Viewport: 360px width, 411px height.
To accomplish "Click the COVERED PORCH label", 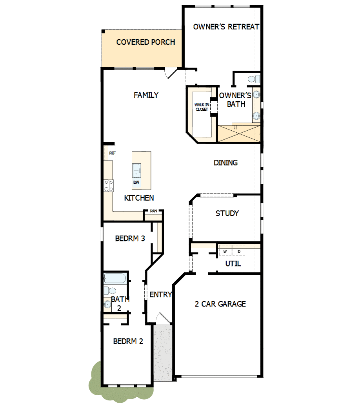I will click(145, 42).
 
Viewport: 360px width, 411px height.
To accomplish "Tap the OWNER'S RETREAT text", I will click(226, 27).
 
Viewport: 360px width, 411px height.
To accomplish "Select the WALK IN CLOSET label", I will click(202, 107).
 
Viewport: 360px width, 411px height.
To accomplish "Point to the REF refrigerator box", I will click(111, 153).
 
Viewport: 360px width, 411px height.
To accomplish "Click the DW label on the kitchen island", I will click(136, 183).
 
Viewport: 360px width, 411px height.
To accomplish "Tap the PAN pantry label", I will click(153, 211).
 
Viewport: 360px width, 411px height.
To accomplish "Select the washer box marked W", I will click(225, 251).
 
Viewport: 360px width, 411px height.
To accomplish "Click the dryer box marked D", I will click(239, 251).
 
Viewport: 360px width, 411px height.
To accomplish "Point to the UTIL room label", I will click(233, 263).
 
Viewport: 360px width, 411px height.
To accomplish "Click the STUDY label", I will click(227, 213).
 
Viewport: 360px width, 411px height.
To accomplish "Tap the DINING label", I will click(225, 163).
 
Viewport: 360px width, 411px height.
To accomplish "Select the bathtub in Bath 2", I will click(115, 278).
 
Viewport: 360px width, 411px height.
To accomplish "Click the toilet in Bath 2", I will click(110, 291).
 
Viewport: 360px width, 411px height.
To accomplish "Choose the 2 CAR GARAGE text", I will click(220, 303).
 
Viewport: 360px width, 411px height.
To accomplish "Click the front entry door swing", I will click(162, 318).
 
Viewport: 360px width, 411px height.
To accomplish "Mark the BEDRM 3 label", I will click(130, 238).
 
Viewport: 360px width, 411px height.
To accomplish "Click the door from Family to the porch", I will click(170, 73).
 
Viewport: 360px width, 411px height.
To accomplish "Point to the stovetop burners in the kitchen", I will click(109, 185).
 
